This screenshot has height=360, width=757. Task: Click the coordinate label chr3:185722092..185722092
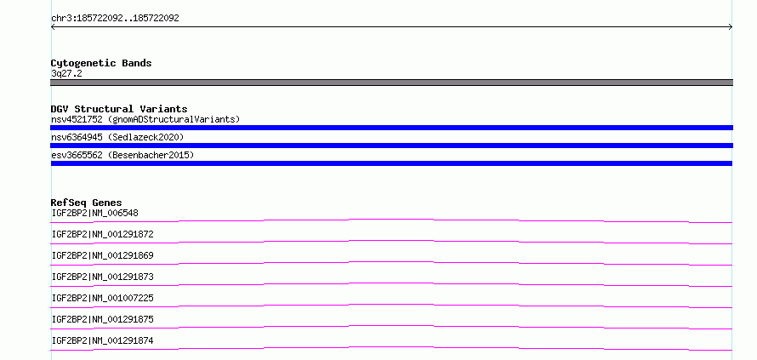click(115, 19)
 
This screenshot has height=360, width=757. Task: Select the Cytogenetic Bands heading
click(101, 63)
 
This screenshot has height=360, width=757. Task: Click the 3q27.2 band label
click(66, 73)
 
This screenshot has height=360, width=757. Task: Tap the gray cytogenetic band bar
click(391, 83)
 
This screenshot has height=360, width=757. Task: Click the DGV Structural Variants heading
click(119, 109)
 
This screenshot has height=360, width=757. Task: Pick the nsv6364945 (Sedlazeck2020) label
click(117, 137)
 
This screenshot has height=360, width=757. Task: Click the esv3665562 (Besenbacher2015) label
click(122, 155)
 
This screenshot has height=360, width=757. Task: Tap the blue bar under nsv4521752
click(391, 128)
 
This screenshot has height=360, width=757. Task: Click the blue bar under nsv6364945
click(391, 146)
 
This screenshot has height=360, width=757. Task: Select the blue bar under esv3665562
click(391, 163)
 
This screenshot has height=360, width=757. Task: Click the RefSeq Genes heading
click(87, 203)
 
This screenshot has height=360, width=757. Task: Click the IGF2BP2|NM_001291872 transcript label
click(102, 234)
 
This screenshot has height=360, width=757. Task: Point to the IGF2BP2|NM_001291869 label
click(102, 255)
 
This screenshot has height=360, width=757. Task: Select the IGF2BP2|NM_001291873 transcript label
click(102, 277)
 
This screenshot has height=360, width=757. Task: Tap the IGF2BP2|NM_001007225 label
click(102, 298)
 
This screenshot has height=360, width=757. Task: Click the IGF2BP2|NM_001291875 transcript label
click(102, 319)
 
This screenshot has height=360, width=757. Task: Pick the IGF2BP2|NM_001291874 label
click(102, 340)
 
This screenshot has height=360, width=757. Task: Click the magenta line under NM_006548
click(391, 220)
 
